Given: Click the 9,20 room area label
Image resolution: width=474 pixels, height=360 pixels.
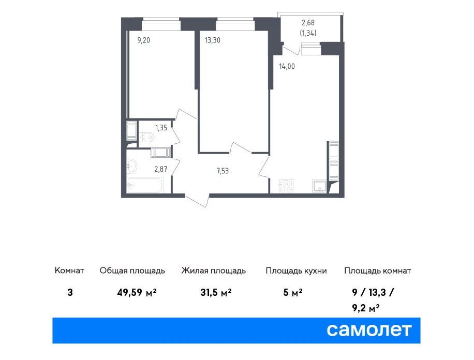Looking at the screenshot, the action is click(143, 40).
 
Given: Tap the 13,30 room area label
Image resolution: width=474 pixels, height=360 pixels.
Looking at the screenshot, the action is click(213, 40).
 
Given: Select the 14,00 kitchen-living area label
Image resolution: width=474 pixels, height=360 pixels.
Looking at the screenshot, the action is click(287, 67).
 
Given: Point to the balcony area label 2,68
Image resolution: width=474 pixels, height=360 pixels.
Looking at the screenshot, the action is click(308, 23).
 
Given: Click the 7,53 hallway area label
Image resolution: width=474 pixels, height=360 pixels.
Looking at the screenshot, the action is click(223, 171).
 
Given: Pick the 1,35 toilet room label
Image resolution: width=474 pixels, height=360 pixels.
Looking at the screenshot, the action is click(161, 128).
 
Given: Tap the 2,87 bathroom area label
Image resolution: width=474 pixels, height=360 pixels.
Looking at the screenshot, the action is click(161, 169).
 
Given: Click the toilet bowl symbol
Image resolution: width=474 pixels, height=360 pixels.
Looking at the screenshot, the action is click(146, 137).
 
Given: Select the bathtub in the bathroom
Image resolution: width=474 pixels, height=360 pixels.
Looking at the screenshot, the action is click(145, 185).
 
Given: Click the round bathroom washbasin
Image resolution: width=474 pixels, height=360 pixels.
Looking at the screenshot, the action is click(132, 166).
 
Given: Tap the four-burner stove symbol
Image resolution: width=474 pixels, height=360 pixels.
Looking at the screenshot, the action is click(286, 186).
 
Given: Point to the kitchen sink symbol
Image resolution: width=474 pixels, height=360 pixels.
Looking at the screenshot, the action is click(319, 186).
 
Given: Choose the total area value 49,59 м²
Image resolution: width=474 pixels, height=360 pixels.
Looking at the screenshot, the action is click(137, 292).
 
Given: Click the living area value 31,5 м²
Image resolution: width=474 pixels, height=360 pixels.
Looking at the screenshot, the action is click(216, 292).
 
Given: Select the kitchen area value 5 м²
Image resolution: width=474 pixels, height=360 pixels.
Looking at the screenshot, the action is click(293, 292).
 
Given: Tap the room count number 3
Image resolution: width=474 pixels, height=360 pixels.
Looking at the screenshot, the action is click(70, 293).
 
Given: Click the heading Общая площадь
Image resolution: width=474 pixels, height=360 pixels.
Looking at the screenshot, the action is click(132, 271).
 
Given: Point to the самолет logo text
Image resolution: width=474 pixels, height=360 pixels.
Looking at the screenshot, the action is click(369, 330).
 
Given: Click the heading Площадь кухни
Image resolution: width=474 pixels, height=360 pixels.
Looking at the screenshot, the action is click(296, 271).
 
